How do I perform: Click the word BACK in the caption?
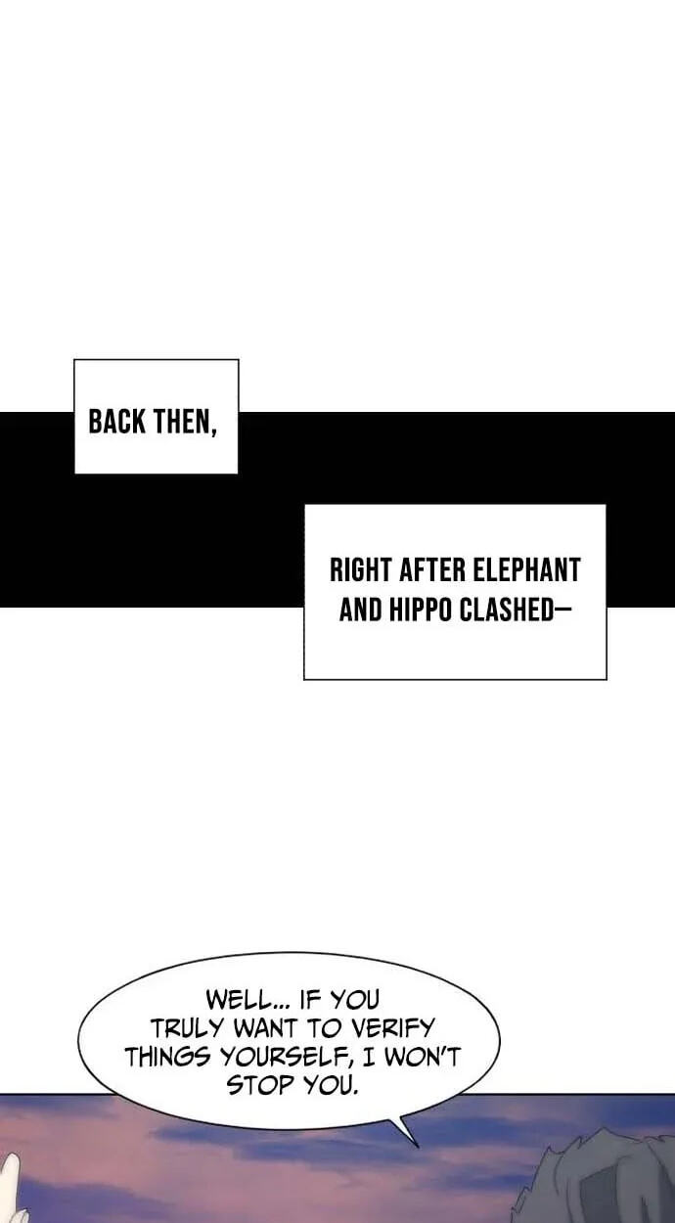tap(117, 423)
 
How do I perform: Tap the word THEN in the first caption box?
tap(185, 423)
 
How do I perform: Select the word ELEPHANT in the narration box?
tap(526, 570)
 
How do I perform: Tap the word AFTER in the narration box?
tap(432, 570)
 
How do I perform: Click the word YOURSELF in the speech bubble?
tap(284, 1057)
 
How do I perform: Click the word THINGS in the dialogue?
tap(168, 1057)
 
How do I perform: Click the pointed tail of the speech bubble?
tap(418, 1147)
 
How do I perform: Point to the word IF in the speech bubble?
tap(310, 1000)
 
